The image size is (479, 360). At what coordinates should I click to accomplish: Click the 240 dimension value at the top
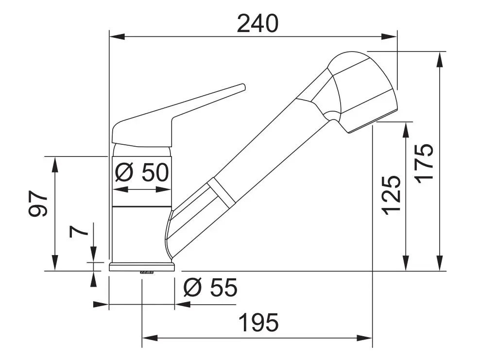tap(257, 23)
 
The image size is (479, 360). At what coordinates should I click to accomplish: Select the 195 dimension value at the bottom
tap(258, 323)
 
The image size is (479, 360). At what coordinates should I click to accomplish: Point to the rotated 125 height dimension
tap(391, 194)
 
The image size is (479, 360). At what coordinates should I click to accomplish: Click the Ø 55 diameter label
tap(210, 289)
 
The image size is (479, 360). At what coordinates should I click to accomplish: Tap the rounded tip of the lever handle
tap(241, 87)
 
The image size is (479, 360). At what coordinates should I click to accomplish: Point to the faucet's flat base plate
tap(142, 266)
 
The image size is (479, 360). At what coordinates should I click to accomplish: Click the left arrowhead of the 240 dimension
tap(116, 36)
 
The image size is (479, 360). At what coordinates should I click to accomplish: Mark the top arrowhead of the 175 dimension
tap(440, 57)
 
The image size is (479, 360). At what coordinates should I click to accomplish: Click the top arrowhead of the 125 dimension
tap(405, 128)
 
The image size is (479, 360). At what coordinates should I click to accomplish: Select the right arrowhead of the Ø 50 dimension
tap(166, 189)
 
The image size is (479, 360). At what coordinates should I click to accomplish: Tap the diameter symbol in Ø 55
tap(192, 289)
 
